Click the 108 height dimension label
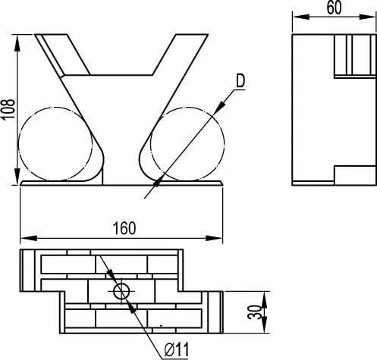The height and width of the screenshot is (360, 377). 8,110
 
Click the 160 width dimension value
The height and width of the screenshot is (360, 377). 124,228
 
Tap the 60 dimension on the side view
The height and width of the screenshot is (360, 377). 334,8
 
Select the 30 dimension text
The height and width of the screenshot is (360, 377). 254,312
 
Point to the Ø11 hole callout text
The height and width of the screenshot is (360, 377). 176,350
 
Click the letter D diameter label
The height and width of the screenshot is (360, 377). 240,81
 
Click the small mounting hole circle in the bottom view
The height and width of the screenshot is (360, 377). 121,291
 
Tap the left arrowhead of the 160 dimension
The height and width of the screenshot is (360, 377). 28,238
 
